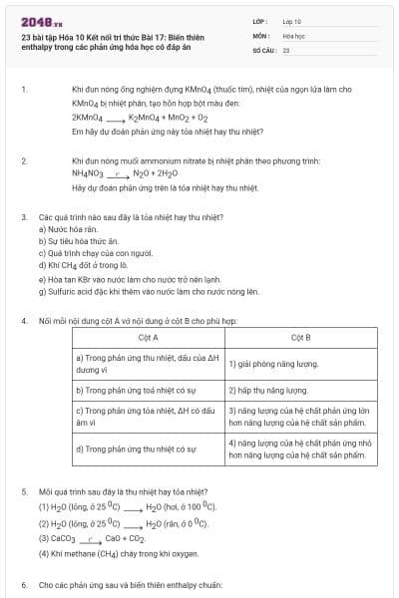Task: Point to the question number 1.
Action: (23, 90)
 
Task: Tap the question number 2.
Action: (23, 159)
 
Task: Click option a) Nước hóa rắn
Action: (66, 228)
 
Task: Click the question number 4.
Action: (23, 320)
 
